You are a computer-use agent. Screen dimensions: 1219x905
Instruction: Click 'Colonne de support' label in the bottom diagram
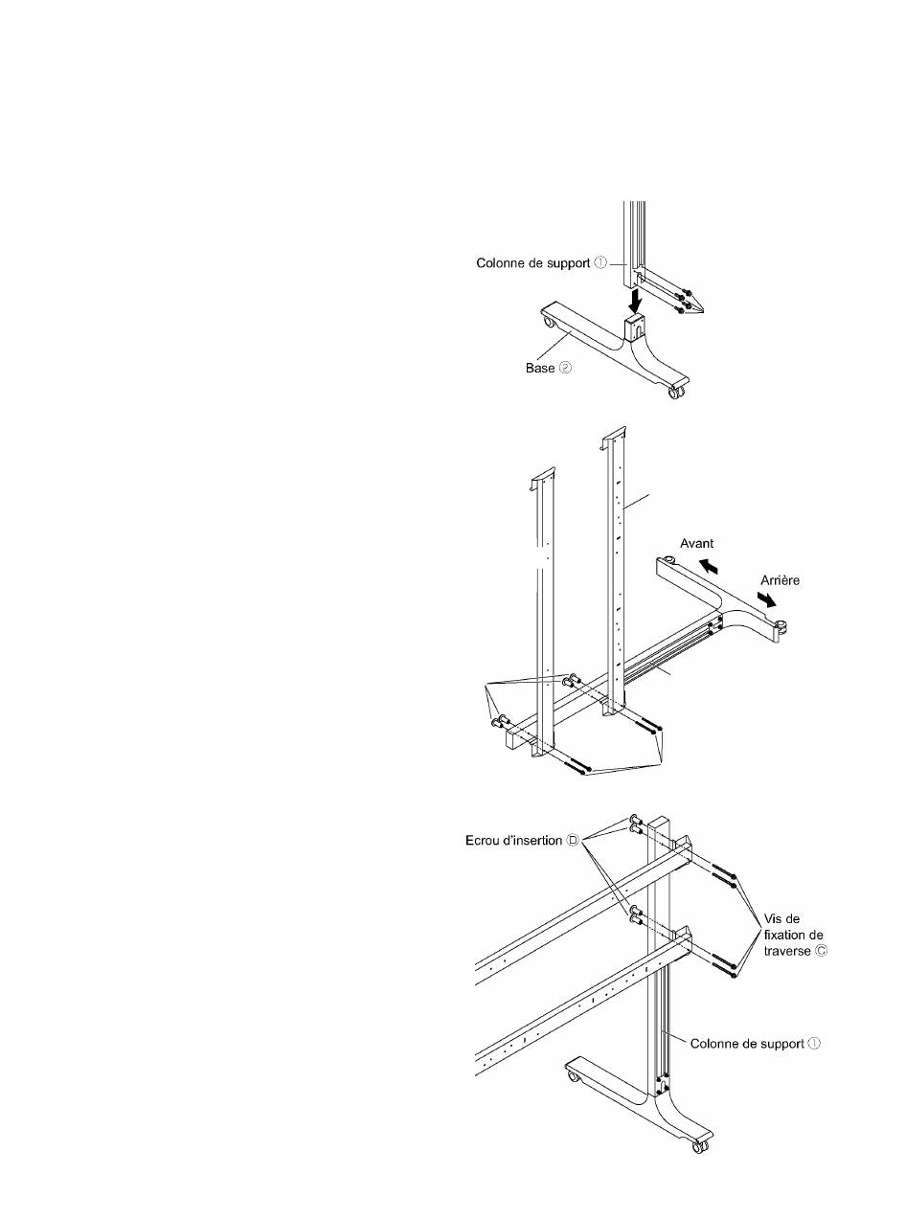[747, 1043]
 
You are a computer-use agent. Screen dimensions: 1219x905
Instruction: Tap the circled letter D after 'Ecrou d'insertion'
[574, 840]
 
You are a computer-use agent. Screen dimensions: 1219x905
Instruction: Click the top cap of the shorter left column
[541, 475]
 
